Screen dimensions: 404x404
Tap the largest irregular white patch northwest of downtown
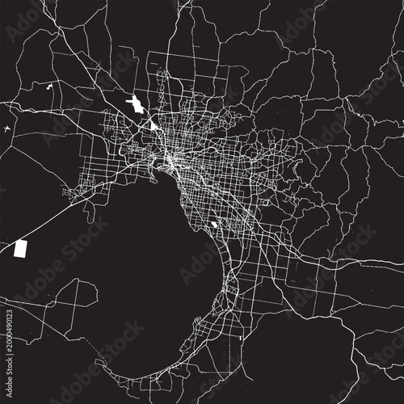coord(135,105)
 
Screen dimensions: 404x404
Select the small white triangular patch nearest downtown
coord(154,125)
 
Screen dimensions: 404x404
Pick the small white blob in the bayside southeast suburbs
coord(213,225)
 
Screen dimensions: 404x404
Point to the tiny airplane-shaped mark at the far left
coord(7,128)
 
